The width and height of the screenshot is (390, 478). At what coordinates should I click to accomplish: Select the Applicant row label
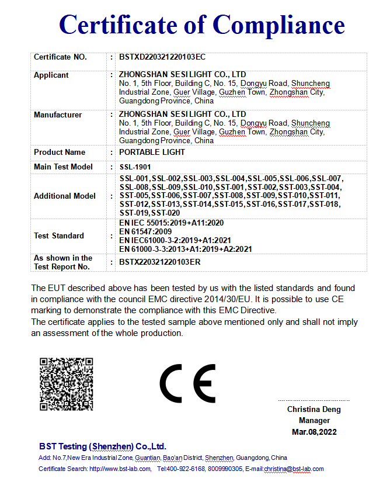[51, 75]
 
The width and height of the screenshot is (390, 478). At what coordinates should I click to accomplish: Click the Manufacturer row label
[58, 115]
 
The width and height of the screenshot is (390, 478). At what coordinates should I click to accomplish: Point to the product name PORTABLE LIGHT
[152, 153]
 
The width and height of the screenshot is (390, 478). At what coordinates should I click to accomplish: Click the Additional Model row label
[65, 196]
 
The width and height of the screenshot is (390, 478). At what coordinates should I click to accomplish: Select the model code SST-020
[166, 213]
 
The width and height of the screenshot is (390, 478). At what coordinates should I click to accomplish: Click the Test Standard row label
[59, 236]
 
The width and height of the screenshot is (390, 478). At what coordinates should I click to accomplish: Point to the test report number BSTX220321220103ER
[160, 262]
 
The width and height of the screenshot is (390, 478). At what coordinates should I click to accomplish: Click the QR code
[66, 383]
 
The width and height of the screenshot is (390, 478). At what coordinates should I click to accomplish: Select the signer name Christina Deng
[314, 410]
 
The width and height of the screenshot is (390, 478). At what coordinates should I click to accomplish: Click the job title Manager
[314, 421]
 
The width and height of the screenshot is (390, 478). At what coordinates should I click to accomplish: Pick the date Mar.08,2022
[314, 432]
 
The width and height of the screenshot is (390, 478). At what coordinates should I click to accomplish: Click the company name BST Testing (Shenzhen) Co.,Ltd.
[103, 446]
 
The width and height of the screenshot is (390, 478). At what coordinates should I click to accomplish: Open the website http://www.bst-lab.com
[121, 469]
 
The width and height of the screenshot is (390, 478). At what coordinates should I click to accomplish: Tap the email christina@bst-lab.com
[293, 469]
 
